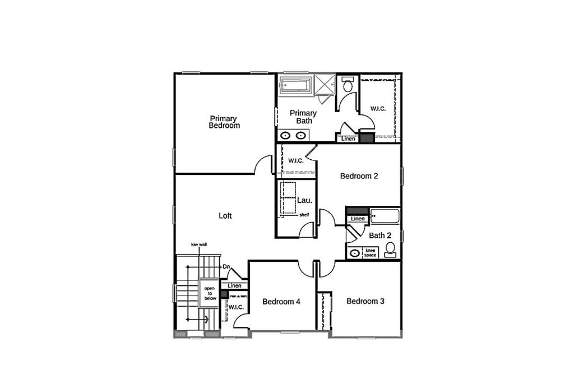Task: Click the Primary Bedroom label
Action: [224, 122]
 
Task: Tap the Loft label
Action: [225, 216]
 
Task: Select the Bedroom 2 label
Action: [359, 176]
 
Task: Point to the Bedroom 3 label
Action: [365, 301]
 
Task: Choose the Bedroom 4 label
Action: [281, 301]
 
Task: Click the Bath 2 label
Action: [380, 236]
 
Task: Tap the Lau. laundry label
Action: [304, 200]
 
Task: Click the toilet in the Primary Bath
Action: [348, 85]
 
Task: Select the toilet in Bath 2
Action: [391, 250]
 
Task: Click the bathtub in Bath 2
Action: [385, 216]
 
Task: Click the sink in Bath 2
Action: [354, 253]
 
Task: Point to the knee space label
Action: [370, 253]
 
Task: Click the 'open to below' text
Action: [210, 293]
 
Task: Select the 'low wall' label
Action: [199, 244]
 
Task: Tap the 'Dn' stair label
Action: [226, 266]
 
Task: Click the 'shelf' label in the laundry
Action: [304, 215]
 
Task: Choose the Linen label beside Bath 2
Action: [358, 219]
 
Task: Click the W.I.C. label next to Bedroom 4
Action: [236, 307]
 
